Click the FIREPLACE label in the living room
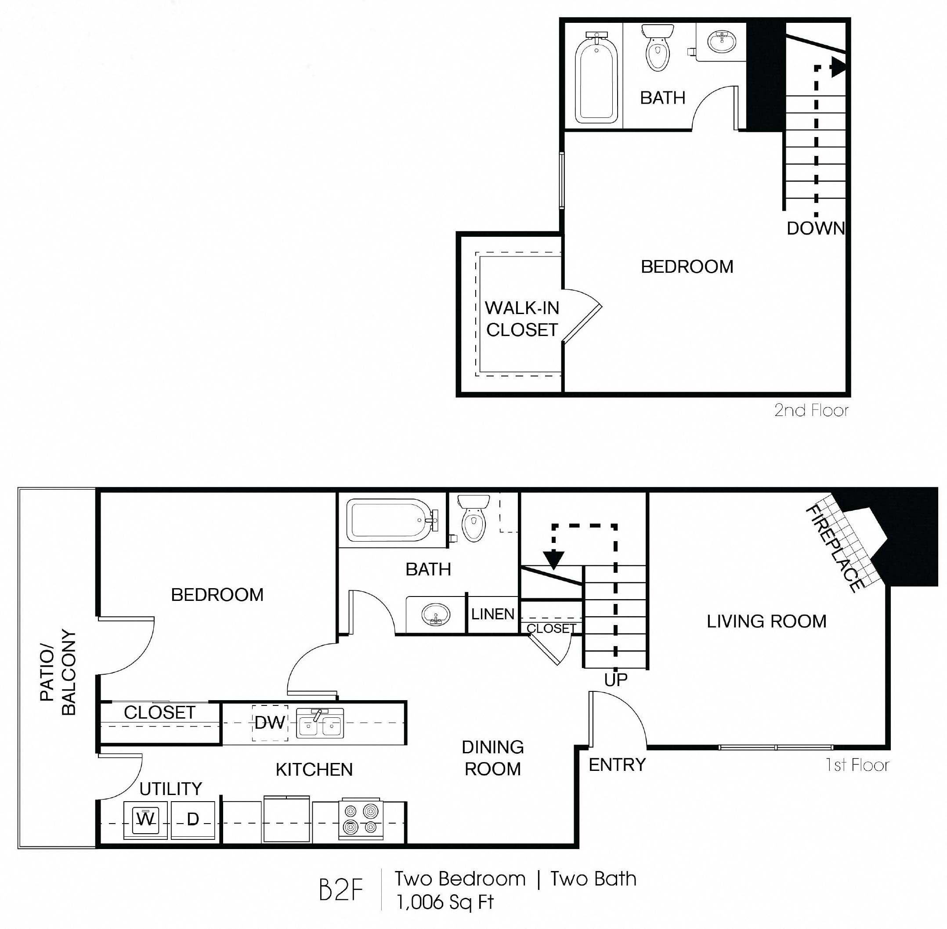click(833, 549)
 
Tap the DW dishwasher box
click(269, 722)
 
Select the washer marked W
click(145, 819)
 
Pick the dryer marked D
click(193, 819)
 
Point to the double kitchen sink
click(320, 723)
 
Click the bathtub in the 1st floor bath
click(390, 521)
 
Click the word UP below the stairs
click(615, 680)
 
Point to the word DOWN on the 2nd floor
click(815, 228)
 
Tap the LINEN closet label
click(493, 615)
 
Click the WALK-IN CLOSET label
click(521, 319)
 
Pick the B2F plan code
click(341, 890)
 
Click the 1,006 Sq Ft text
click(445, 903)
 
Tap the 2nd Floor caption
click(811, 410)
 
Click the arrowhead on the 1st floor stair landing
click(554, 560)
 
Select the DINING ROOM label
click(492, 758)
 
